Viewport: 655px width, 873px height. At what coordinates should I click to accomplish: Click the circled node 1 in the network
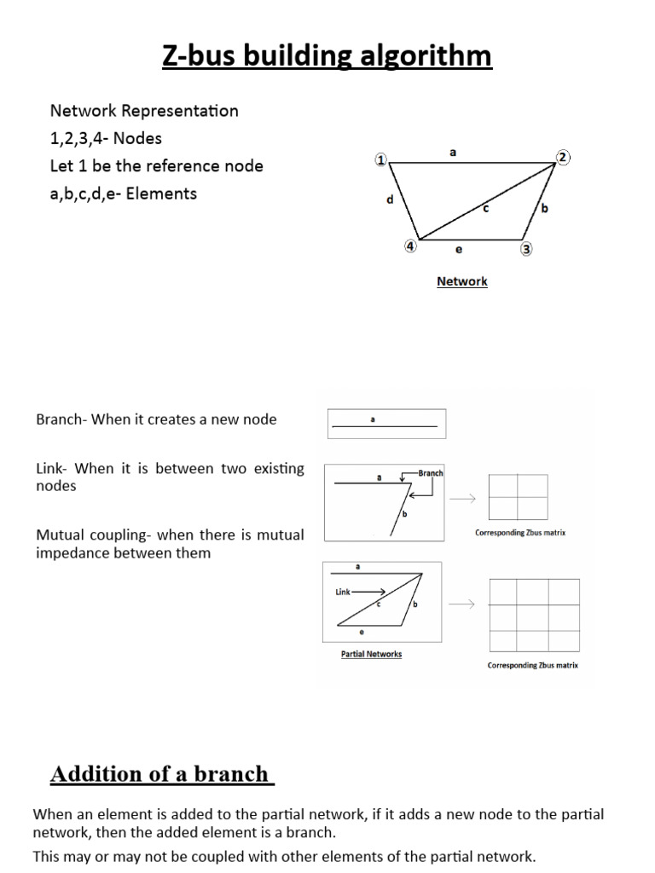click(x=380, y=159)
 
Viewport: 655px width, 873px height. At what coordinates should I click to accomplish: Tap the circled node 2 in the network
click(x=563, y=157)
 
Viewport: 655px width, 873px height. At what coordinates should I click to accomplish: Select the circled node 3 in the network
click(x=526, y=249)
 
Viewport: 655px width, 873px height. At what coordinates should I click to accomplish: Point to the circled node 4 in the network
click(x=410, y=246)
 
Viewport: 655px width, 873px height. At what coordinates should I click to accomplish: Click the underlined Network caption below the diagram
click(x=461, y=281)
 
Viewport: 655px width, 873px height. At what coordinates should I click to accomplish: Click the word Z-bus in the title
click(x=201, y=56)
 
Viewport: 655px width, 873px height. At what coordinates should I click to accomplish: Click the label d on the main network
click(x=390, y=200)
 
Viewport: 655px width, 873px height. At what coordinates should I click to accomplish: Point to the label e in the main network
click(x=458, y=250)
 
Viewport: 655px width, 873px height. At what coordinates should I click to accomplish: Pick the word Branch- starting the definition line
click(x=61, y=419)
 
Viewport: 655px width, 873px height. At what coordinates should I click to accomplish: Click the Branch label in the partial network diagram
click(x=431, y=473)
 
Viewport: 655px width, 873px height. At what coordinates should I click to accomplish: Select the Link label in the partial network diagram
click(x=343, y=592)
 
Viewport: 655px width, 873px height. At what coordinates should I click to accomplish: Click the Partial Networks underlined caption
click(x=371, y=654)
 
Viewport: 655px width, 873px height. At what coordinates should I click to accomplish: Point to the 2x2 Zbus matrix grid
click(x=518, y=497)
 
